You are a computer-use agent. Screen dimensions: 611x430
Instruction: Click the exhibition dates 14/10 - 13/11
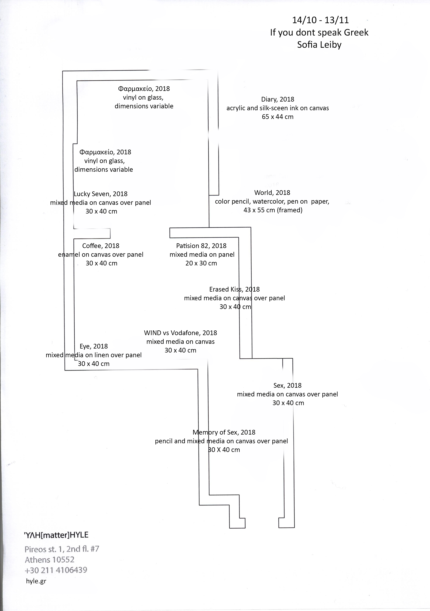pyautogui.click(x=320, y=20)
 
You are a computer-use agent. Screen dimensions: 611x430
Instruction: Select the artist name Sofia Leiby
pyautogui.click(x=319, y=45)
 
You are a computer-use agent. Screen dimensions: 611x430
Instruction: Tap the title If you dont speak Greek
pyautogui.click(x=319, y=32)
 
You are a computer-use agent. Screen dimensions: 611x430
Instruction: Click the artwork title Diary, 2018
pyautogui.click(x=277, y=99)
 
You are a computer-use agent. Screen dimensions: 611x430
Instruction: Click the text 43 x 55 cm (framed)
pyautogui.click(x=273, y=210)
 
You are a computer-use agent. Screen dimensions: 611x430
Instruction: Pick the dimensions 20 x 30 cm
pyautogui.click(x=201, y=263)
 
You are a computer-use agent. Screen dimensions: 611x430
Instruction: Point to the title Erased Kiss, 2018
pyautogui.click(x=234, y=289)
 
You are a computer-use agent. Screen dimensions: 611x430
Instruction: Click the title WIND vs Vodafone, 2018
pyautogui.click(x=180, y=333)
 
